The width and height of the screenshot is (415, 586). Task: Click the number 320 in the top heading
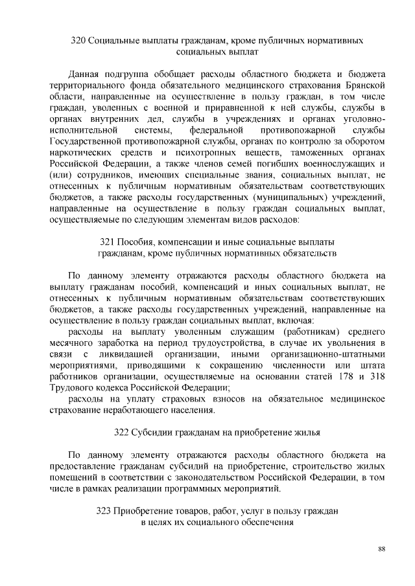point(78,41)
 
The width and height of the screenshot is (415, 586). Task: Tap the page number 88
point(382,549)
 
